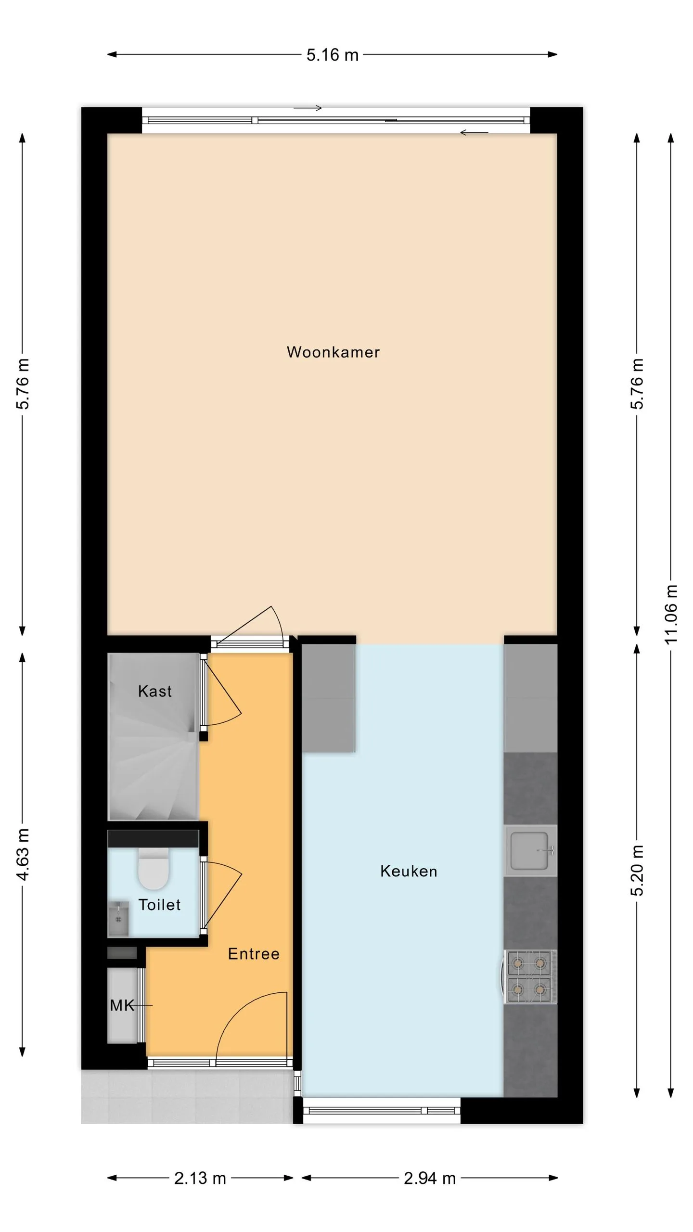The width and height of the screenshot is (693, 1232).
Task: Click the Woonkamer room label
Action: click(333, 352)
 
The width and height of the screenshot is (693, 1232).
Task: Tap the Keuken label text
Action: click(409, 871)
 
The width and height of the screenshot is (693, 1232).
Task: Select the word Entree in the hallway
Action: click(254, 954)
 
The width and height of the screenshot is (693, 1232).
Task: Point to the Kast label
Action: click(154, 692)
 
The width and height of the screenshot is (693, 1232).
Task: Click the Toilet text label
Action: click(159, 905)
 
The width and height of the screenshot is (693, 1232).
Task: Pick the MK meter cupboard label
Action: click(122, 1005)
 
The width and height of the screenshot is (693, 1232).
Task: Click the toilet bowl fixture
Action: click(154, 869)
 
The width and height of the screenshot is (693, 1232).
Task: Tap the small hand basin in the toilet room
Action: click(118, 919)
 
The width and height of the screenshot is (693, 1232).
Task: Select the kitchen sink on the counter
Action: click(530, 851)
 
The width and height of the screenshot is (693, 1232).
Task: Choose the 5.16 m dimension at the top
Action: click(333, 55)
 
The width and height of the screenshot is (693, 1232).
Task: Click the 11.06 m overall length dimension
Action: click(671, 614)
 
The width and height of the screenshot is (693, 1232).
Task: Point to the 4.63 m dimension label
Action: click(23, 854)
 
